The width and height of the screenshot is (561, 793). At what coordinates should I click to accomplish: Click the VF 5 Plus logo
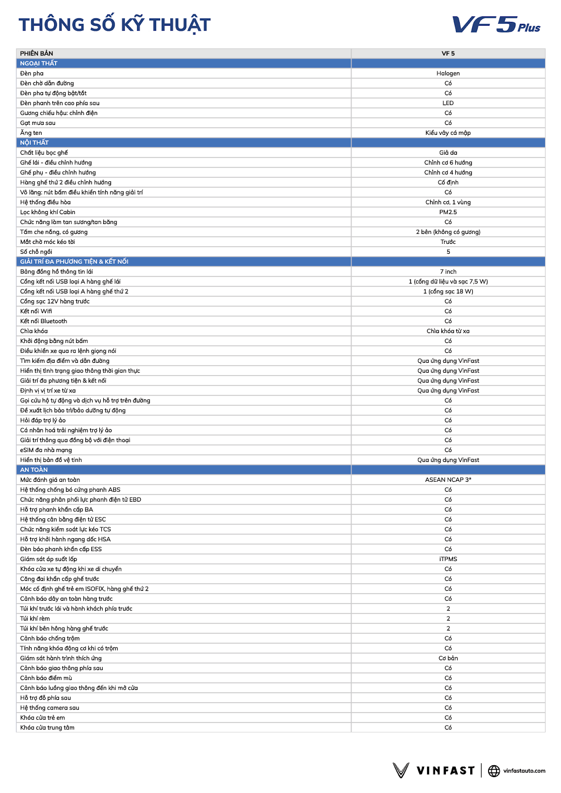tap(496, 24)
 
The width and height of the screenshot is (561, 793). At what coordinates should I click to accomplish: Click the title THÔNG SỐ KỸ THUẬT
tap(115, 25)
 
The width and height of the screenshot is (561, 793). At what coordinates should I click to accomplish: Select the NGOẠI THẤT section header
tap(39, 63)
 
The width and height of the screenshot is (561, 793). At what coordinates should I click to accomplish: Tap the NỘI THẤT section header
tap(34, 143)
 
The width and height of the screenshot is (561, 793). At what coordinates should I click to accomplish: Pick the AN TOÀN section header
tap(34, 470)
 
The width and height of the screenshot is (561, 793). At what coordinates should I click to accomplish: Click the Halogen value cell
tap(448, 73)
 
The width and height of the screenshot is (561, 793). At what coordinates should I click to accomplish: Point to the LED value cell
tap(448, 103)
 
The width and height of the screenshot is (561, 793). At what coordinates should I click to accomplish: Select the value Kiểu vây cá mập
tap(448, 133)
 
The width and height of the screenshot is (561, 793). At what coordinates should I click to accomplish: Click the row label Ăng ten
tap(31, 133)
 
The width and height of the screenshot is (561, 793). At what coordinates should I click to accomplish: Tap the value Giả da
tap(448, 153)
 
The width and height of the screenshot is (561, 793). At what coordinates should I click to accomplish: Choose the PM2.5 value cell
tap(448, 212)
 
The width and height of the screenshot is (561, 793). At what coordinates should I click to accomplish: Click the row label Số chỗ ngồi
tap(36, 252)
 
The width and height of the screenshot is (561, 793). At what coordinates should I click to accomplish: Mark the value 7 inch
tap(448, 272)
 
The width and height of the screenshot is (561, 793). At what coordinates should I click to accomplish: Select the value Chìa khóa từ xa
tap(448, 331)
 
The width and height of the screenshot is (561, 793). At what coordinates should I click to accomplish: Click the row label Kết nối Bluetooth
tap(44, 321)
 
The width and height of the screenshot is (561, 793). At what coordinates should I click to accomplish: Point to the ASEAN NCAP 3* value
tap(448, 480)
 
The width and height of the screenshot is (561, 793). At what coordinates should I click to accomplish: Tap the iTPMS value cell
tap(448, 559)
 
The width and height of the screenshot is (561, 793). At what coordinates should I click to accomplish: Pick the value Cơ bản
tap(448, 658)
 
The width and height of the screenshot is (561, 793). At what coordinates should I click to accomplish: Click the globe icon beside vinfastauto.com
tap(494, 771)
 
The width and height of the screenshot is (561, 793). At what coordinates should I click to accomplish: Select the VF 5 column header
tap(448, 54)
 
